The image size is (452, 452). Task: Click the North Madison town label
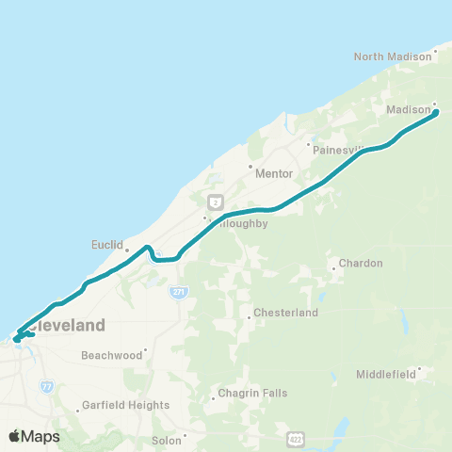392,56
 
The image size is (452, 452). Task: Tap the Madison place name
408,110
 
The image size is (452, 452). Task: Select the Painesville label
337,150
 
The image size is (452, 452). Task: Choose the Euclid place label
107,245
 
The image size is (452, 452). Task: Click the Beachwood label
111,355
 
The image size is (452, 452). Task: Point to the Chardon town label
361,264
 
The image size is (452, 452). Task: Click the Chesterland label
286,313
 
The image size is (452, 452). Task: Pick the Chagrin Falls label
250,394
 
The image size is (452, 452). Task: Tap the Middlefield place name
386,374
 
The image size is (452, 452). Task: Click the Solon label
166,440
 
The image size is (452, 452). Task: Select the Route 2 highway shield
216,202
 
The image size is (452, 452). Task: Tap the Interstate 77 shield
48,386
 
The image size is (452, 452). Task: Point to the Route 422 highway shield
297,440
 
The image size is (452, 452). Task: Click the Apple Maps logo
35,436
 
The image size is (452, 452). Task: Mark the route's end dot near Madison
436,113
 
